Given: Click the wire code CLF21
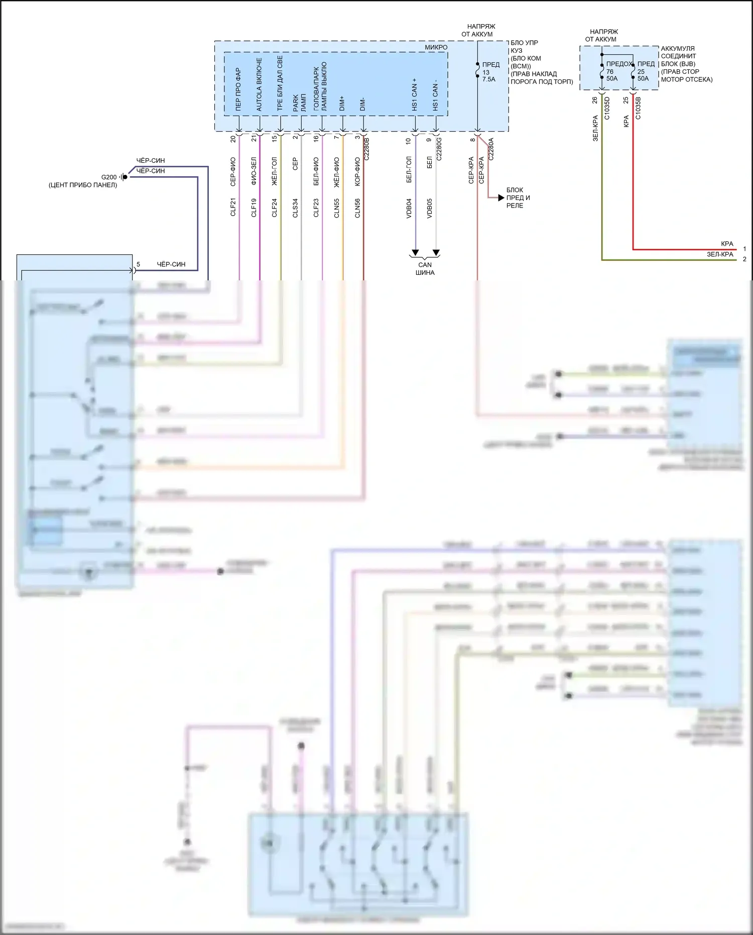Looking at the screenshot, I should [233, 207].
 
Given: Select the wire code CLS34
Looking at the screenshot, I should [295, 207].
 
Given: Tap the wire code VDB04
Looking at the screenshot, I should [409, 208].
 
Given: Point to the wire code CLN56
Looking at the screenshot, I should [357, 208].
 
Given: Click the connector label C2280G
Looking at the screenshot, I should [439, 148].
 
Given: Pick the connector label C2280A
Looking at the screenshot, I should [491, 149].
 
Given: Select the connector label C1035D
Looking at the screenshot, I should [606, 108].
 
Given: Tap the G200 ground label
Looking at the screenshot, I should [109, 177].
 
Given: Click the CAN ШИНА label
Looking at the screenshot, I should [425, 269].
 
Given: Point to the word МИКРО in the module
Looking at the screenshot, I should [436, 47].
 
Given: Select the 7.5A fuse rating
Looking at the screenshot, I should [488, 79].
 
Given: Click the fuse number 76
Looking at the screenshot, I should [609, 71].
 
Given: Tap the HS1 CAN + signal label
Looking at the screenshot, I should [414, 94].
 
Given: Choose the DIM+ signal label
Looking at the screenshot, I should [342, 103].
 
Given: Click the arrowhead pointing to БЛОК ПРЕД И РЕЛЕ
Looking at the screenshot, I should [501, 198].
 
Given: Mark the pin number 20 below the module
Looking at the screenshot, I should [233, 139].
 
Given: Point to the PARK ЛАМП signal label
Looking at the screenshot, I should [299, 102].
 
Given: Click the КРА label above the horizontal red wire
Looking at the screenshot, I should [727, 244].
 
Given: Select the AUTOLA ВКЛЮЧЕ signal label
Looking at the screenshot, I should [259, 84].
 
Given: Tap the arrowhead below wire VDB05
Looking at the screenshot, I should [436, 252].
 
